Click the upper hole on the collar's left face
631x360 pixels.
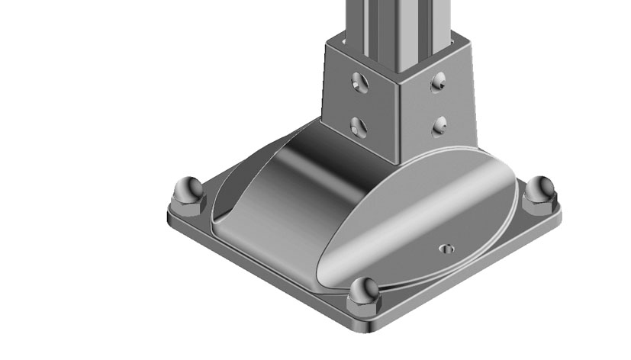point(359,80)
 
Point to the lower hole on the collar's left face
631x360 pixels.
point(359,124)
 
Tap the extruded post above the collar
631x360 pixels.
point(401,23)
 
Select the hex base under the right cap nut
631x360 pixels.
point(540,204)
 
